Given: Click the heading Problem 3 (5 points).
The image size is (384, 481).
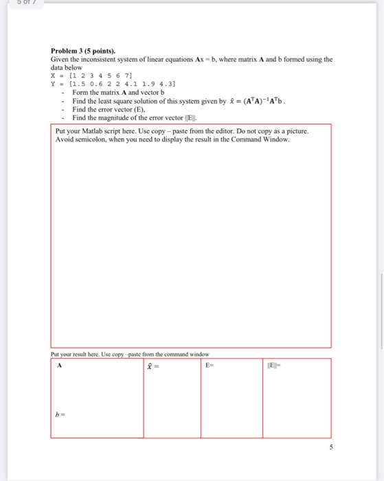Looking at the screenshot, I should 83,51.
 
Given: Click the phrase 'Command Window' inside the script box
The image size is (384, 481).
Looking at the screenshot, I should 265,139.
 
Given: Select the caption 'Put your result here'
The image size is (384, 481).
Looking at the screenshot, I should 76,353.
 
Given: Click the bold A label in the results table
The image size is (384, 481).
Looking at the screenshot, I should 60,366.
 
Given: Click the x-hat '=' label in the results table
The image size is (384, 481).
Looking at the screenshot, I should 153,366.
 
